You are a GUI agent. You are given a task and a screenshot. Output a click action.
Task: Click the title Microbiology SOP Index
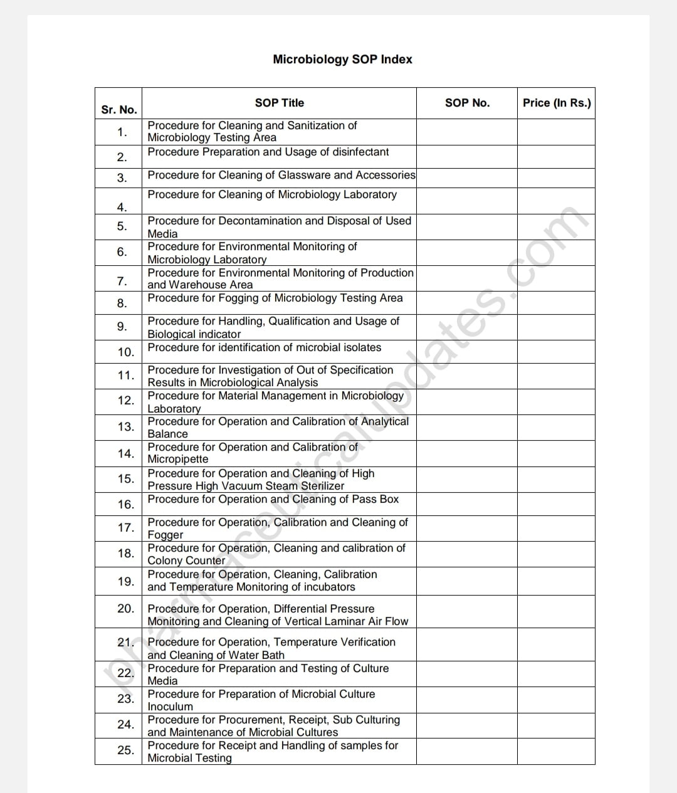(342, 60)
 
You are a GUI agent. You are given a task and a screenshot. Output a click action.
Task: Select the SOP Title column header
(279, 103)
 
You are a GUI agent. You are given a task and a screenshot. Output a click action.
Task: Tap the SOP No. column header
(467, 103)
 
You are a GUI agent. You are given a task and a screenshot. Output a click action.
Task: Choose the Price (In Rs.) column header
(557, 103)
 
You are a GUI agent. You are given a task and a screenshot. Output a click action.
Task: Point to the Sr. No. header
(118, 110)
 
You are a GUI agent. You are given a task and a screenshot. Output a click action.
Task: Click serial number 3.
(122, 178)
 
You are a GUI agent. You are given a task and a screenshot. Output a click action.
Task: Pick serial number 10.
(125, 352)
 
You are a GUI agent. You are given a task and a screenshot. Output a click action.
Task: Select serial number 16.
(125, 505)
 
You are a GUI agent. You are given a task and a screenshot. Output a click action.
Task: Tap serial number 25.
(125, 750)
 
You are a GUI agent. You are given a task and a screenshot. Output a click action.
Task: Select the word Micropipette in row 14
(178, 459)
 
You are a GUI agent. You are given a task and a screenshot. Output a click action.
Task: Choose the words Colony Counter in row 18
(186, 560)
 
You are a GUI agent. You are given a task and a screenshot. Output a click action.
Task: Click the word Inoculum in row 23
(170, 706)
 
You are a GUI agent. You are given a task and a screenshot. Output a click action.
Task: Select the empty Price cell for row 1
(555, 132)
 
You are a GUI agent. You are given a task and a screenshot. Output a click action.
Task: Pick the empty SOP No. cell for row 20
(466, 612)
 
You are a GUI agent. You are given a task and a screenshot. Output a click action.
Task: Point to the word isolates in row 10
(358, 347)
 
